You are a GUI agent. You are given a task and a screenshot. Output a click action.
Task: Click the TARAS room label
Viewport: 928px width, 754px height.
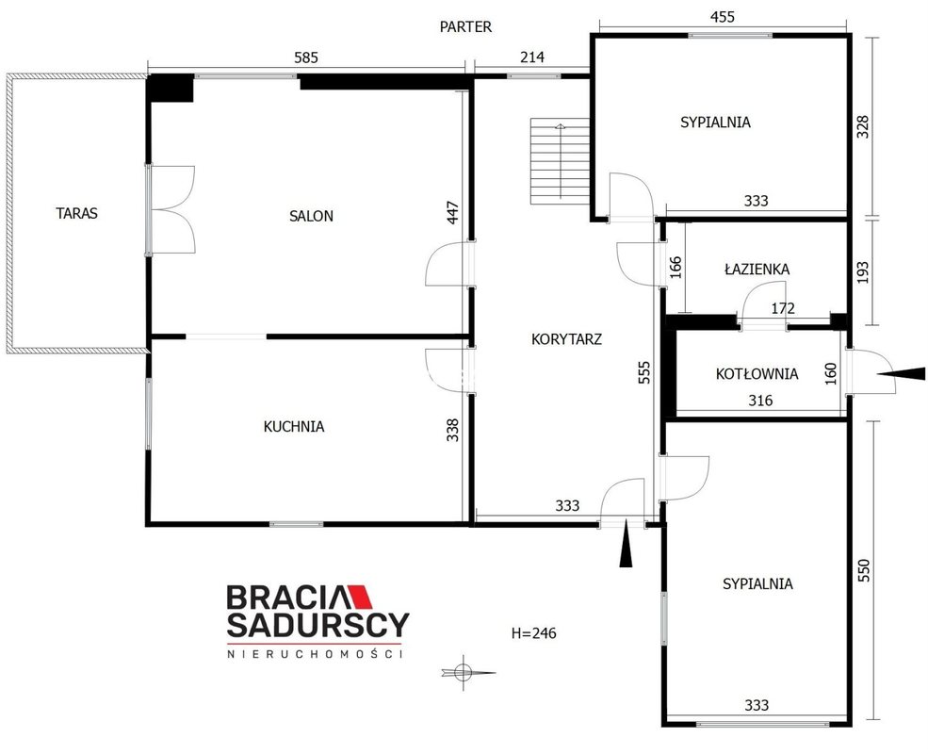[x=77, y=213]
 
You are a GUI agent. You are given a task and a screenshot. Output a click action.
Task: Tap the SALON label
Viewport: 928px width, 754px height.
[x=311, y=216]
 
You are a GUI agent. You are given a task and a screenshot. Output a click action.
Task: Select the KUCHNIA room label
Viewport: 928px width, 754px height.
[x=294, y=426]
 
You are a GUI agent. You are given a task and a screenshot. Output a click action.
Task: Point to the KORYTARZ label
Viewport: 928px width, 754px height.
[x=566, y=339]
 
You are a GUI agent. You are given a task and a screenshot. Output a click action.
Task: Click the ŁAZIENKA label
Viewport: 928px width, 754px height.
[x=757, y=269]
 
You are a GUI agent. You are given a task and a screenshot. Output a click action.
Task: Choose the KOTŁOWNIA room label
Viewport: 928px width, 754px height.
[x=757, y=373]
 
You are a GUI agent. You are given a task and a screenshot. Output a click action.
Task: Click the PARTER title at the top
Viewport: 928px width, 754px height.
[x=465, y=26]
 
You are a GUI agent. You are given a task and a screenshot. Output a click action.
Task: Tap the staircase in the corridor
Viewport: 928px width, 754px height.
[x=560, y=161]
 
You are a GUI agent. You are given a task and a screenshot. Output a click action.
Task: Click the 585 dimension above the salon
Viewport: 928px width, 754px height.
[x=306, y=57]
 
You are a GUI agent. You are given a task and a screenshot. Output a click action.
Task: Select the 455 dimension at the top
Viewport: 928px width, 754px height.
[x=723, y=17]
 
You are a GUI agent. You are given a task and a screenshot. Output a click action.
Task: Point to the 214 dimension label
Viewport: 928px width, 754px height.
[x=532, y=57]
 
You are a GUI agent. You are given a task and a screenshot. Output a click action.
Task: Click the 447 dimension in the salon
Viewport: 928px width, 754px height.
[x=453, y=213]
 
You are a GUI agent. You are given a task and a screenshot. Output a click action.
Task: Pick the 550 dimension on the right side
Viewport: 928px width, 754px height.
[x=864, y=570]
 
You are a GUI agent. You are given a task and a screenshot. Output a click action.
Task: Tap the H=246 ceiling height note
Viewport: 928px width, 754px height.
[x=534, y=633]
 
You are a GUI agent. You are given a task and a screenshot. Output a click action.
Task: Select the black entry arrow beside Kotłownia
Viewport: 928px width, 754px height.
[x=901, y=373]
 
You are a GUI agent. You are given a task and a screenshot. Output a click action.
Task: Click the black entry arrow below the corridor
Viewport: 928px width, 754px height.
[x=626, y=547]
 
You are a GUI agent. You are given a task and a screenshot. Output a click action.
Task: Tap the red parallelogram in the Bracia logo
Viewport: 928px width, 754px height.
[x=359, y=597]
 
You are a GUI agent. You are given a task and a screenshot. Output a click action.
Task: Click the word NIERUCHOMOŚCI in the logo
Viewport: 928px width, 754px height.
[x=315, y=654]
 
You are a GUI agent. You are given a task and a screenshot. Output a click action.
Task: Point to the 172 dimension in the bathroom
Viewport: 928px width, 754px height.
[x=782, y=308]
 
